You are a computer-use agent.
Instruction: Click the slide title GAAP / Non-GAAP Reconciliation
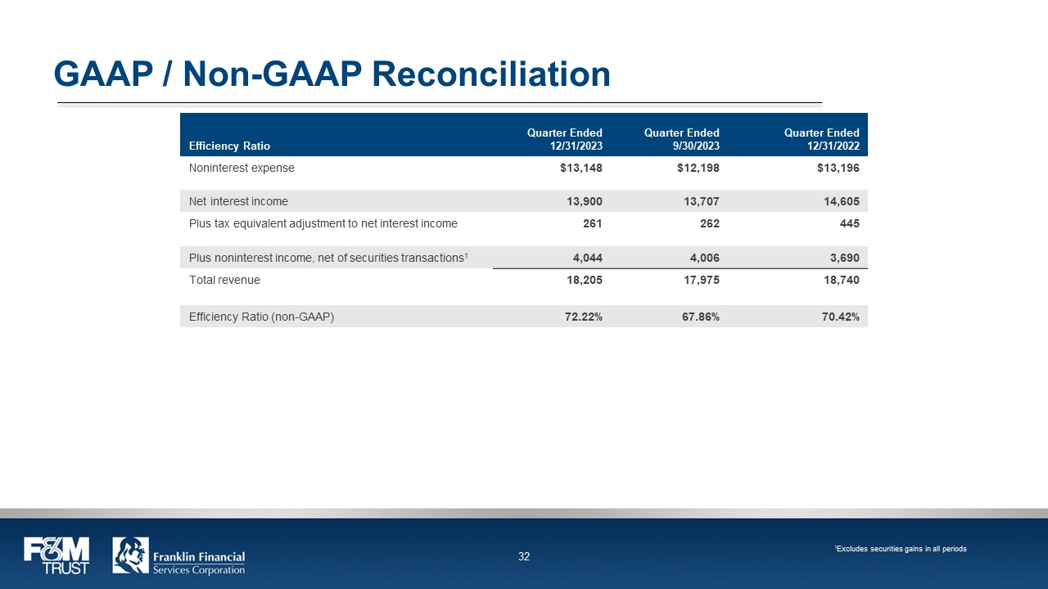(332, 74)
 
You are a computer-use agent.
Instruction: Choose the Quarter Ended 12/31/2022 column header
(821, 139)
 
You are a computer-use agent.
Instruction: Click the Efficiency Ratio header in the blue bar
(229, 146)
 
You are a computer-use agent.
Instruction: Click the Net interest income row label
(238, 201)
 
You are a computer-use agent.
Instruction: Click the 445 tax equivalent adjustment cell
(848, 223)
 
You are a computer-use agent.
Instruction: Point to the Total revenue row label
(224, 280)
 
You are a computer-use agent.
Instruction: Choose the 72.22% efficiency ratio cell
(583, 317)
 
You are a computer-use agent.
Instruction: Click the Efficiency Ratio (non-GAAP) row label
(261, 317)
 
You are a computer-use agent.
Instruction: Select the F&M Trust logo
(56, 555)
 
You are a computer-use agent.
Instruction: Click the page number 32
(524, 557)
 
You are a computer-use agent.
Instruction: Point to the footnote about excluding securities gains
(901, 549)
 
